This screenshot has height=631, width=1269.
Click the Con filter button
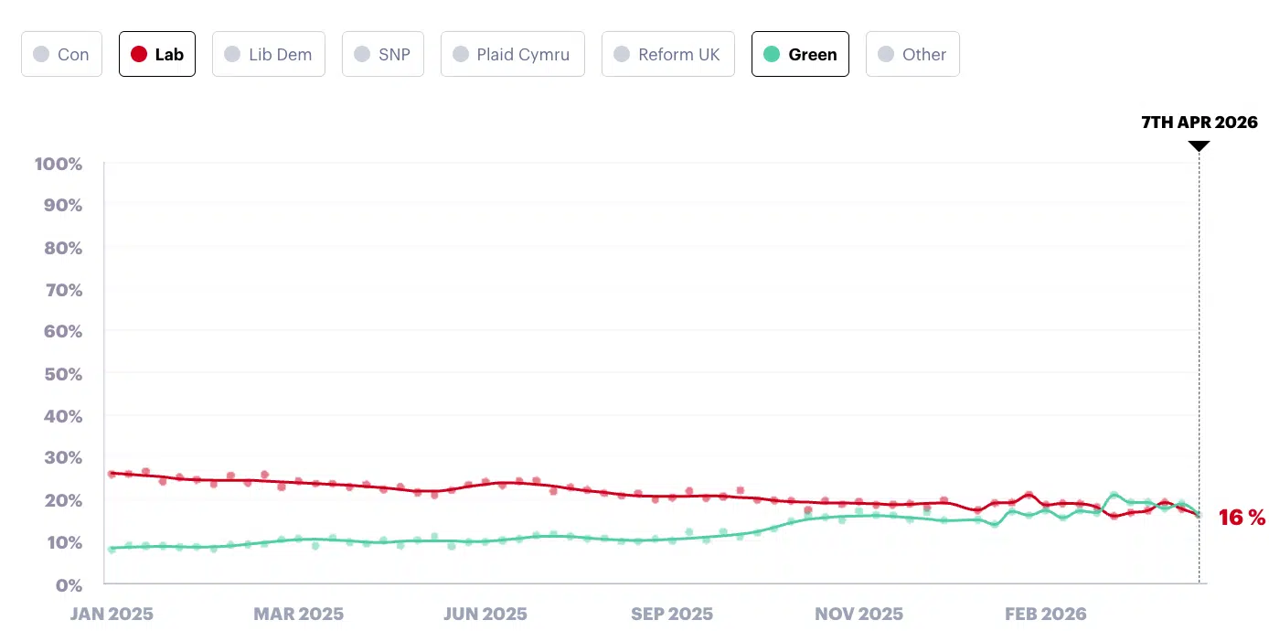61,54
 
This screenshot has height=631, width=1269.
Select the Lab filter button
157,54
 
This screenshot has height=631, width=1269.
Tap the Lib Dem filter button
269,54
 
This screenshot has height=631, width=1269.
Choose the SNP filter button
383,54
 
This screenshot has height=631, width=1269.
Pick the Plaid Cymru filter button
512,54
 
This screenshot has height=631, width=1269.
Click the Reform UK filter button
667,54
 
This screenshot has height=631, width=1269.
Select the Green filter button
800,54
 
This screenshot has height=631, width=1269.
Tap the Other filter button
912,54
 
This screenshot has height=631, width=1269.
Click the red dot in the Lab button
139,54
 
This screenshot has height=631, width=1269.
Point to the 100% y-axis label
59,164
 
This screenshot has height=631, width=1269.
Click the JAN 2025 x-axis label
112,614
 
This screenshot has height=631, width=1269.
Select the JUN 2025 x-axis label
485,614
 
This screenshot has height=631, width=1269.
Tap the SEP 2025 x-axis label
672,614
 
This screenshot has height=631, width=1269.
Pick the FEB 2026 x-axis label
1045,614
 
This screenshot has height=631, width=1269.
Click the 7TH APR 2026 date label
1200,123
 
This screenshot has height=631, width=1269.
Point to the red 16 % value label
1242,518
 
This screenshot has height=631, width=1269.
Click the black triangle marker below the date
1199,144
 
